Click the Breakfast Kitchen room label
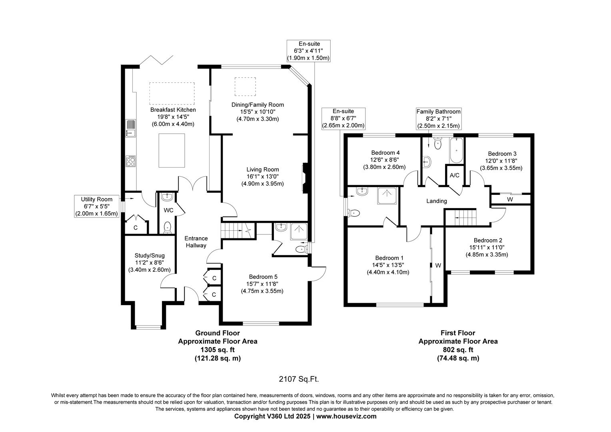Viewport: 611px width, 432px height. (x=173, y=110)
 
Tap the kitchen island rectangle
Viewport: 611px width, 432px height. (x=172, y=150)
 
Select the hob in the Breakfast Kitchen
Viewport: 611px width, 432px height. (x=131, y=161)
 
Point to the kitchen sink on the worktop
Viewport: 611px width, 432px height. (x=131, y=128)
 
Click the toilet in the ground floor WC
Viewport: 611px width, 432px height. (x=167, y=227)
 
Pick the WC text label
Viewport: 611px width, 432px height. (x=169, y=210)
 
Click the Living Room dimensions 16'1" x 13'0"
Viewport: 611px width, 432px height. (x=262, y=176)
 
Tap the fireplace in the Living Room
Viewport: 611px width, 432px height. (x=305, y=178)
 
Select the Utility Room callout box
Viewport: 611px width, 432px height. (x=97, y=206)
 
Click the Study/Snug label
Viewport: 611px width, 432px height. (x=150, y=256)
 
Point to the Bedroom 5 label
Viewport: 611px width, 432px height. (x=263, y=277)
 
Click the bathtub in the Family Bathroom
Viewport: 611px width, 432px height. (x=456, y=150)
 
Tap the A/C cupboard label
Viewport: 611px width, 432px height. (x=454, y=176)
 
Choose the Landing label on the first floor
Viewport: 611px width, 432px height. (x=437, y=201)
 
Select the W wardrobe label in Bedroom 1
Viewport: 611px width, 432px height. (x=438, y=266)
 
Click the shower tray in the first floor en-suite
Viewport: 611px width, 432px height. (x=387, y=196)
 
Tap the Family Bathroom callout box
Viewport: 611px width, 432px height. (x=438, y=119)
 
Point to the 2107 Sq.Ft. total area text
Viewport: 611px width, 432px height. (x=299, y=379)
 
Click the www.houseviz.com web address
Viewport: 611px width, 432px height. (x=346, y=416)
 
